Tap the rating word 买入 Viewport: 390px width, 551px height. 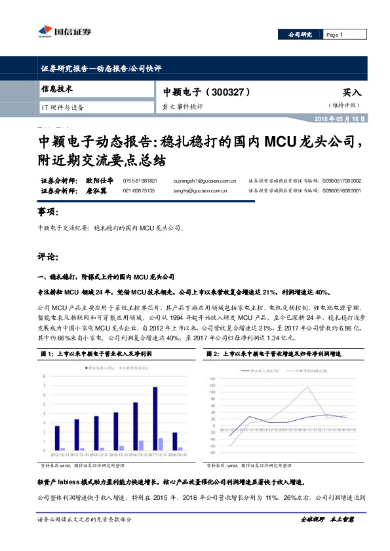pos(351,93)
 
